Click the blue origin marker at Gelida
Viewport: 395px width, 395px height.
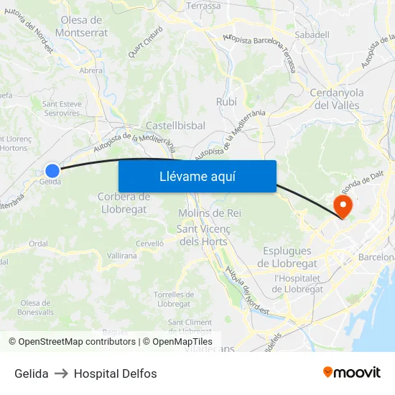[52, 170]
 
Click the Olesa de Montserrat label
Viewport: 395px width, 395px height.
[85, 27]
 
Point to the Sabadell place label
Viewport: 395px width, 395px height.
[312, 34]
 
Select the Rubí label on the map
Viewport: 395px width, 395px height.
[226, 102]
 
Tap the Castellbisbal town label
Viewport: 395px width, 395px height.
[175, 126]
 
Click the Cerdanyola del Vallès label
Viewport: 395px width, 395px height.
[337, 98]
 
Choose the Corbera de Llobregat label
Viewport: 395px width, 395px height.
[123, 203]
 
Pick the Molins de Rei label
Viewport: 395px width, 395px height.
[209, 213]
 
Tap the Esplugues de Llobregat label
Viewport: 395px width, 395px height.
[287, 256]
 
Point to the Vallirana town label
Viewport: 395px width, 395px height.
[121, 256]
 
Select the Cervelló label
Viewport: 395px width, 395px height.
[149, 243]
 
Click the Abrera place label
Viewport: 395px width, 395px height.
[91, 70]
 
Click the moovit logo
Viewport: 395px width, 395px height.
[352, 373]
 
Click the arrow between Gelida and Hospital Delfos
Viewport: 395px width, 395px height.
[61, 373]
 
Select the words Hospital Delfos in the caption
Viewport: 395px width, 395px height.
[115, 373]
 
